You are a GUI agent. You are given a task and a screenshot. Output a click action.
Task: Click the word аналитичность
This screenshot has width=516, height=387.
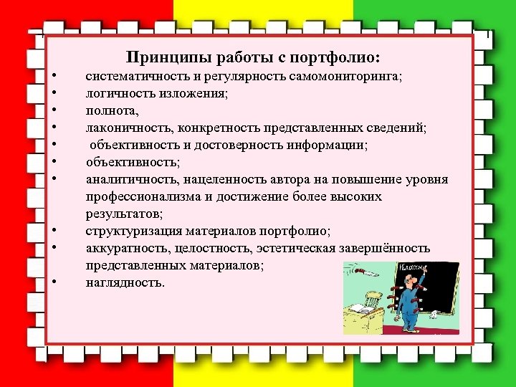point(123,179)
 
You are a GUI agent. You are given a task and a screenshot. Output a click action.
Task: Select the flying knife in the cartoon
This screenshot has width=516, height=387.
point(365,273)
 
